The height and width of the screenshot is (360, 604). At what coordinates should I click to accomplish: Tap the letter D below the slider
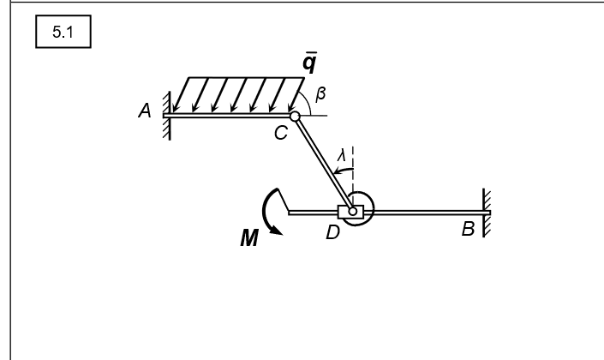coord(334,231)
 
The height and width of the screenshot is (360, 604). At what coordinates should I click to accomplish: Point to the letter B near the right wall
coord(467,230)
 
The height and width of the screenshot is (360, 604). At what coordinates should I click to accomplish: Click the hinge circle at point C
coord(295,117)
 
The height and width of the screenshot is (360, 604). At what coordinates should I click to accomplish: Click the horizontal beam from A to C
coord(227,115)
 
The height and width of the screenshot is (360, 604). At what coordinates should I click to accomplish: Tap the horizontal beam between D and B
coord(428,211)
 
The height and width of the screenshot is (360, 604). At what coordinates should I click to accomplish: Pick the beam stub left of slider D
coord(313,211)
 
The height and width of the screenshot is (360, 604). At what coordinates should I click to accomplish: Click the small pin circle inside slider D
coord(353,211)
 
